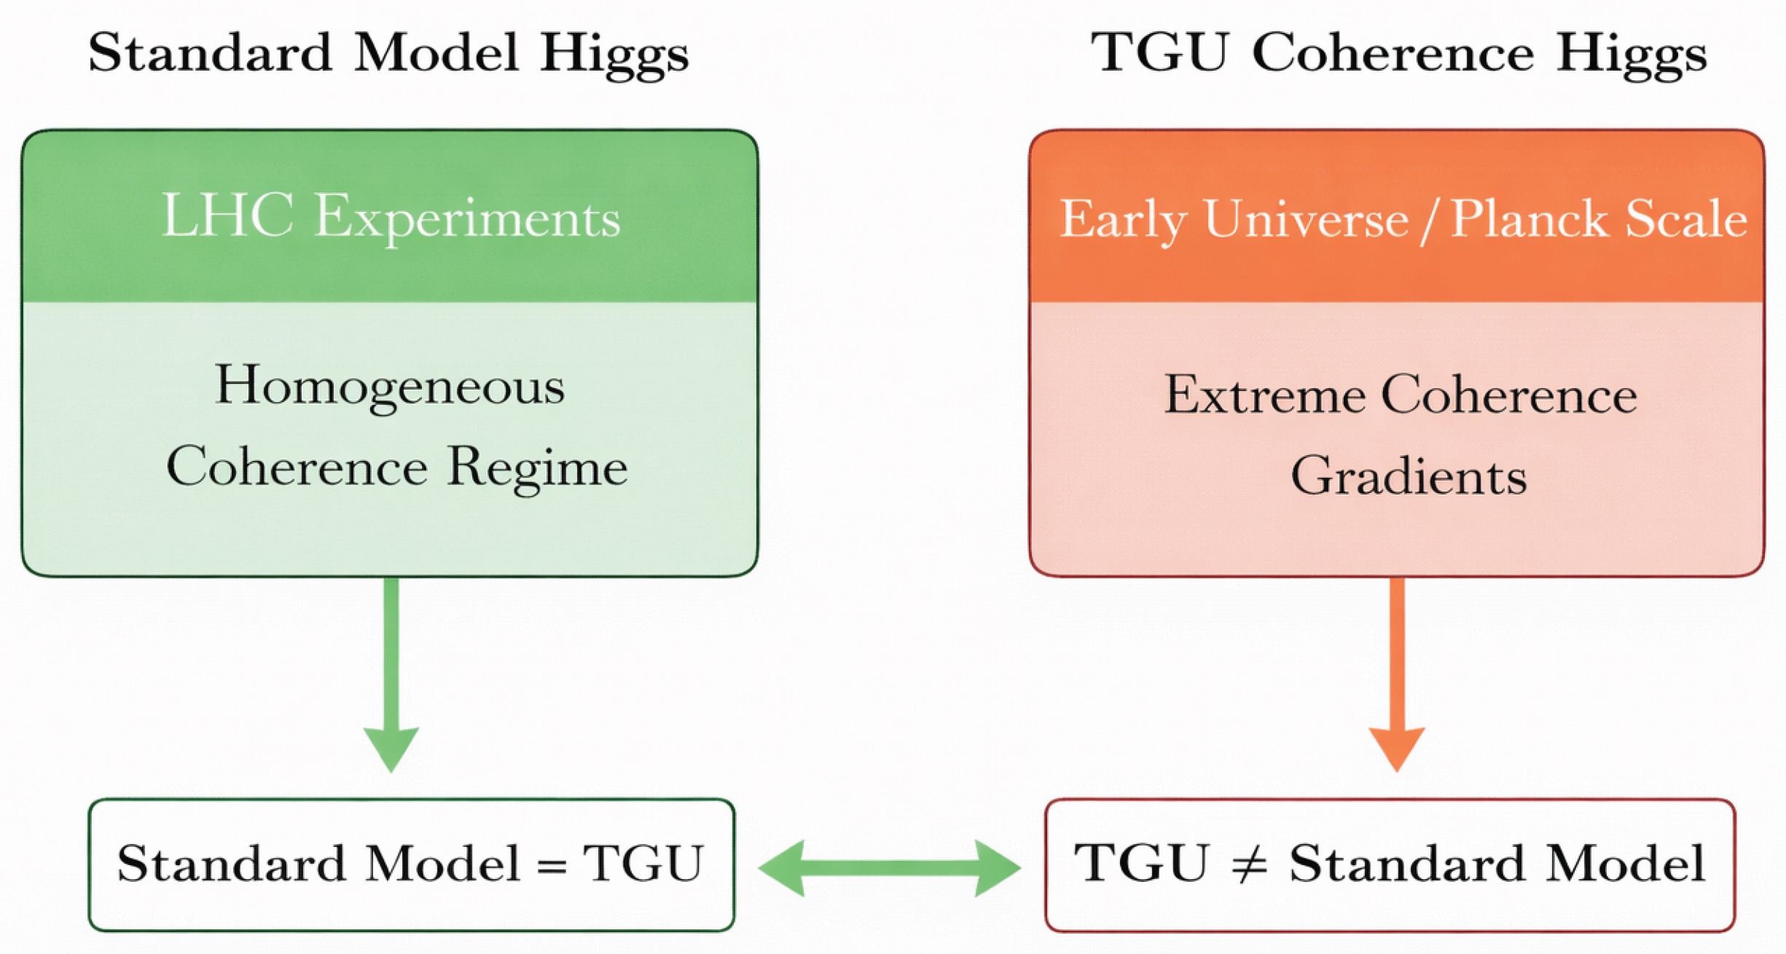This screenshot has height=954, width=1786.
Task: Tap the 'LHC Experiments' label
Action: [391, 217]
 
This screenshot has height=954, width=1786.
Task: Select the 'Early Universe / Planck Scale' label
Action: [1403, 218]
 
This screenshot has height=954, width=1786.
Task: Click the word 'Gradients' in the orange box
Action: [1408, 476]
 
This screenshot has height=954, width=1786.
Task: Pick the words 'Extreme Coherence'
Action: [1400, 396]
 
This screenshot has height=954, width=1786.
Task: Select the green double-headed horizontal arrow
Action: [889, 867]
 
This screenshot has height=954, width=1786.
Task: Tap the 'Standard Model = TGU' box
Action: [411, 864]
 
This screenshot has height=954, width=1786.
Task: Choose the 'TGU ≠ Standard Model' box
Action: [1390, 864]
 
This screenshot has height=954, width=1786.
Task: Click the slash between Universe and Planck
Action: [1429, 218]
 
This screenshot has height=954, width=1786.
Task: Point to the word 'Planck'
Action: [1528, 218]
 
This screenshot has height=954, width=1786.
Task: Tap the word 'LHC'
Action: [227, 216]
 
